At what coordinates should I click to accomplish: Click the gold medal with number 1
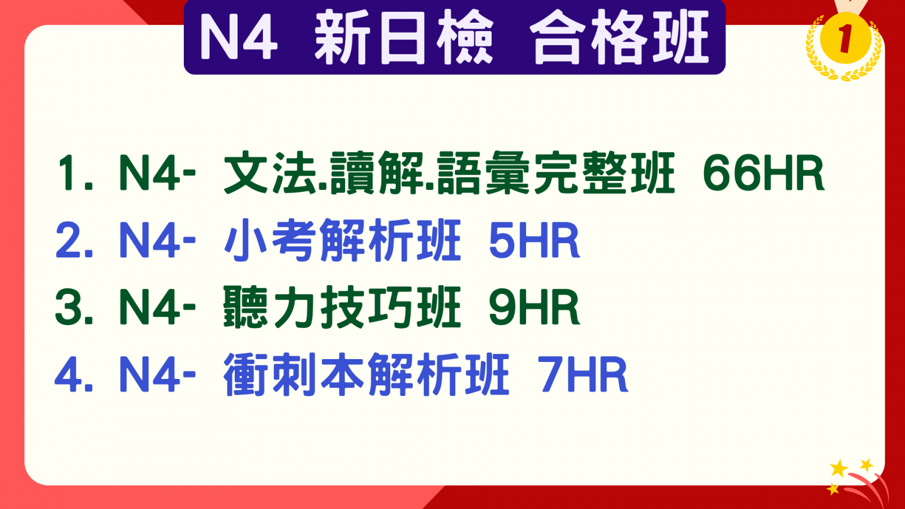tap(844, 41)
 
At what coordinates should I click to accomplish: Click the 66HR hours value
tap(763, 173)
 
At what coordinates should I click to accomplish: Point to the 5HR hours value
tap(534, 241)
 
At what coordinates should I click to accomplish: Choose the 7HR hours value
tap(583, 375)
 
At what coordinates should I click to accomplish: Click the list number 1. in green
tap(75, 173)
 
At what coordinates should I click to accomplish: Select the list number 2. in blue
tap(74, 241)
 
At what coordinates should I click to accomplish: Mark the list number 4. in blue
tap(74, 375)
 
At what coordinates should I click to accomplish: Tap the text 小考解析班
tap(343, 241)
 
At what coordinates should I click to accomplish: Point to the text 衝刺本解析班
tap(367, 375)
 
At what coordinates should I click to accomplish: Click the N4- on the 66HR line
tap(157, 173)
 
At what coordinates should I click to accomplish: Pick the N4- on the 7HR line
tap(157, 375)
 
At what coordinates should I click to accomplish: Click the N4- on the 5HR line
tap(157, 241)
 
